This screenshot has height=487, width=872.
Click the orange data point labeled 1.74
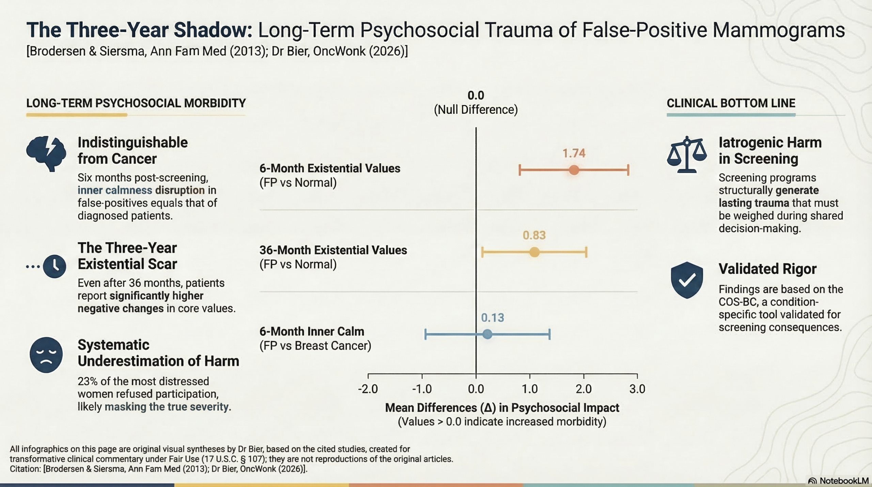(574, 170)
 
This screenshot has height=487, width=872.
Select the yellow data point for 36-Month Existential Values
(534, 252)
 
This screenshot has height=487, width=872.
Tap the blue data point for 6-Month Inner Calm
(487, 334)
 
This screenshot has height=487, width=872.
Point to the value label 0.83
(534, 235)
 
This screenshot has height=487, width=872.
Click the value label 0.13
(492, 318)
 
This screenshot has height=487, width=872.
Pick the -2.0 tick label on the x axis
(368, 389)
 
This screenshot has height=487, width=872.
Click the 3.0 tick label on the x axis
(637, 389)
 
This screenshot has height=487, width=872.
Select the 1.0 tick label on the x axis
(530, 389)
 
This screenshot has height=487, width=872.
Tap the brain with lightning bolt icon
(46, 153)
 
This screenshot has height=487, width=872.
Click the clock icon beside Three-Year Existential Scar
(54, 266)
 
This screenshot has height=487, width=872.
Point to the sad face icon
(46, 355)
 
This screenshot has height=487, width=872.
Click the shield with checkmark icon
(687, 280)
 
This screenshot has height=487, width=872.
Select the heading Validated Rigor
(767, 269)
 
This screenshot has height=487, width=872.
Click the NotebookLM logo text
(843, 481)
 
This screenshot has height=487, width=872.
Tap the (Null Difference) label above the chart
(476, 110)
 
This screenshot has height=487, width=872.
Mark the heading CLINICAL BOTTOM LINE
(731, 103)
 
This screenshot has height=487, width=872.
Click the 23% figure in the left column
(86, 381)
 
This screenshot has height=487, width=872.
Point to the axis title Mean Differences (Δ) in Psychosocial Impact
(502, 408)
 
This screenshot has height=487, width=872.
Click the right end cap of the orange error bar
(628, 170)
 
